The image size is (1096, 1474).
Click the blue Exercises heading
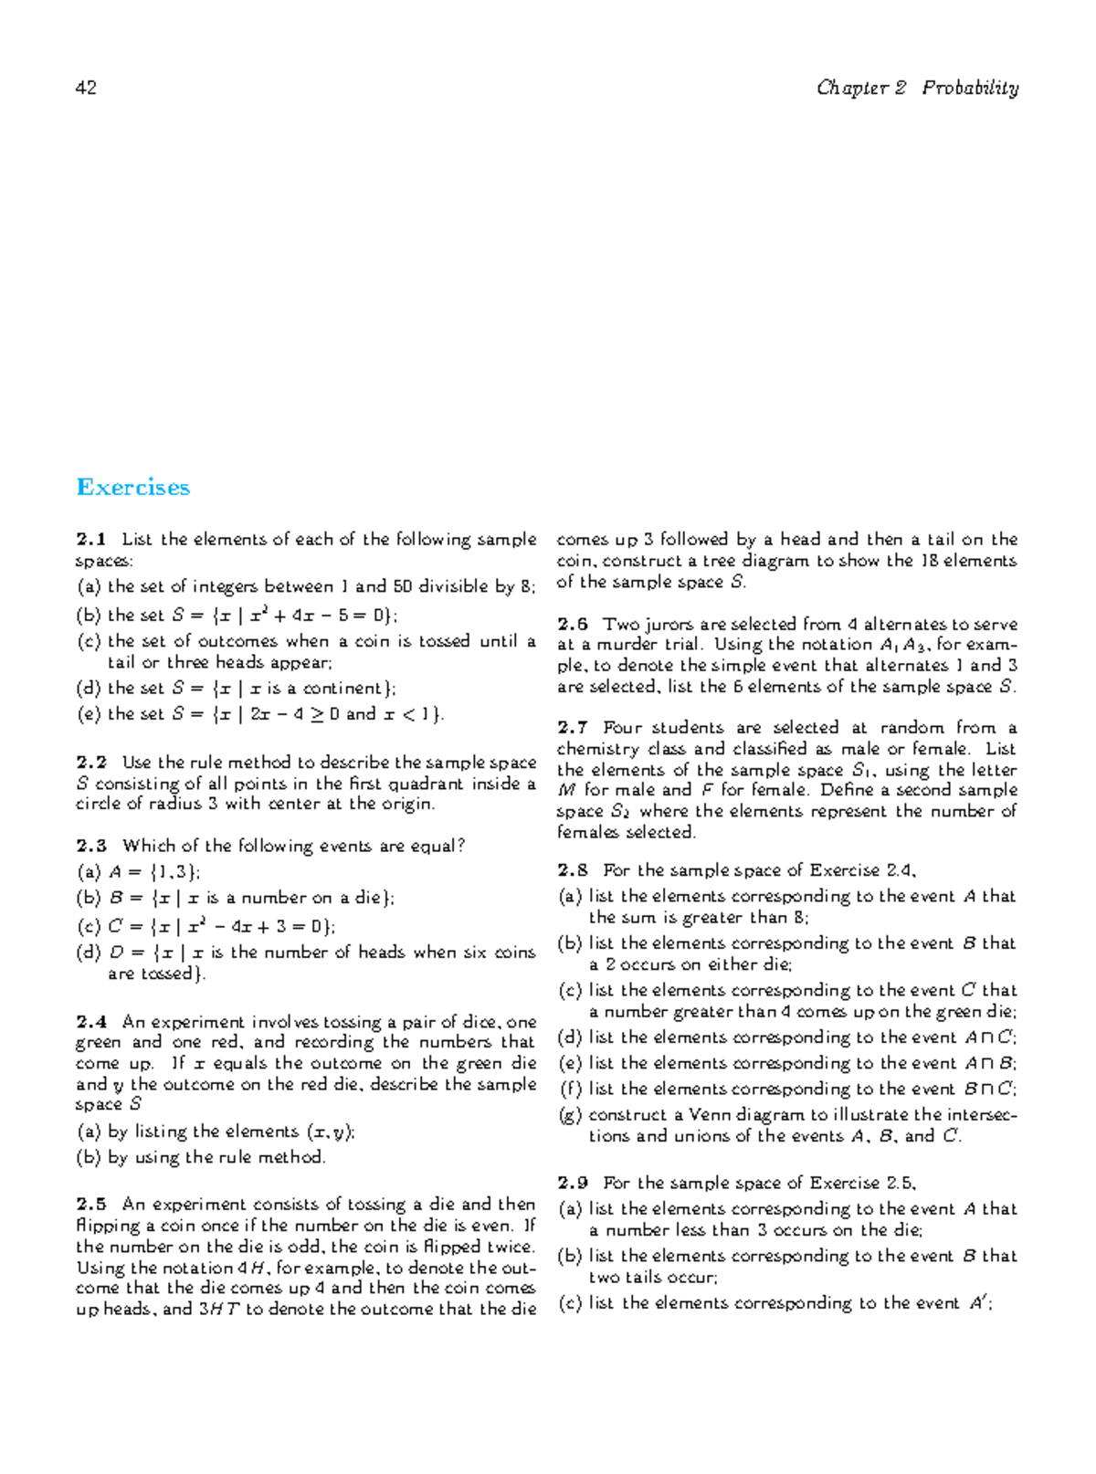[133, 488]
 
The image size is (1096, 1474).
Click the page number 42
[87, 89]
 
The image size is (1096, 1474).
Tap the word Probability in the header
[970, 89]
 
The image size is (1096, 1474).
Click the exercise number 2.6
[573, 625]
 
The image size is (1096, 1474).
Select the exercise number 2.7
[573, 728]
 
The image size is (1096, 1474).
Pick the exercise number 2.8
[573, 870]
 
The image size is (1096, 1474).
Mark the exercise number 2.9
[573, 1183]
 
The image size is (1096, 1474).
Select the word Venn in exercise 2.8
[709, 1115]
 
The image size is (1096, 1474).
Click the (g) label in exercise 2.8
[570, 1115]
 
